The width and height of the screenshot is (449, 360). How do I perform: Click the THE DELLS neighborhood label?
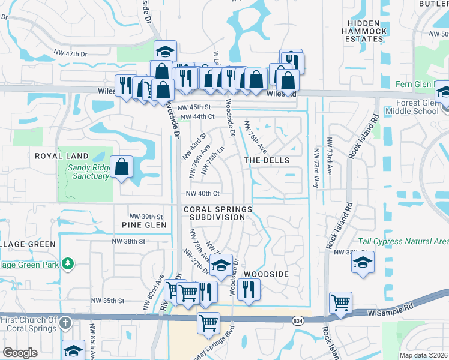pyautogui.click(x=267, y=160)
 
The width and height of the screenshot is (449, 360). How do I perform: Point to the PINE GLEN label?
pyautogui.click(x=144, y=225)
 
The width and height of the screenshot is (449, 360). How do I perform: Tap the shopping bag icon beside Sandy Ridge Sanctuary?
pyautogui.click(x=122, y=168)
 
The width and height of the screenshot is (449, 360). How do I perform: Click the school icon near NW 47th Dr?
pyautogui.click(x=165, y=52)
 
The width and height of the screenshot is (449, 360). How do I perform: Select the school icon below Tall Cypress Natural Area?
pyautogui.click(x=362, y=262)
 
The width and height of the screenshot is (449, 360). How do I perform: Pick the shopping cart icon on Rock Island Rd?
pyautogui.click(x=340, y=302)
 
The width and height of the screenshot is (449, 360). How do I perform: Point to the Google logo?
pyautogui.click(x=20, y=352)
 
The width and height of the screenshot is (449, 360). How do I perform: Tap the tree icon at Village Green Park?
pyautogui.click(x=68, y=263)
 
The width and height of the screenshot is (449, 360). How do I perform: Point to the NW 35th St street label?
pyautogui.click(x=107, y=301)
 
